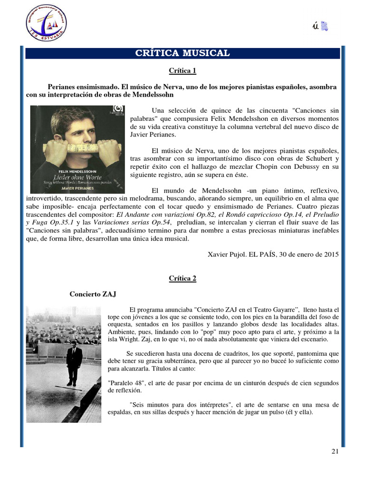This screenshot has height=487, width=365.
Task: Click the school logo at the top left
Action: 46,22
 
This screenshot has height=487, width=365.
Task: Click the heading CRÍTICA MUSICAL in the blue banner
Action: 182,53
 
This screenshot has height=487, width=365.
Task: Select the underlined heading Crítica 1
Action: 182,71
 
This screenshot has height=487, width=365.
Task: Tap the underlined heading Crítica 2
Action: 182,279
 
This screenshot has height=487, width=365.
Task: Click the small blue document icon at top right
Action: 325,26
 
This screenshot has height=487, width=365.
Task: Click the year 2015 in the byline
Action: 331,254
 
